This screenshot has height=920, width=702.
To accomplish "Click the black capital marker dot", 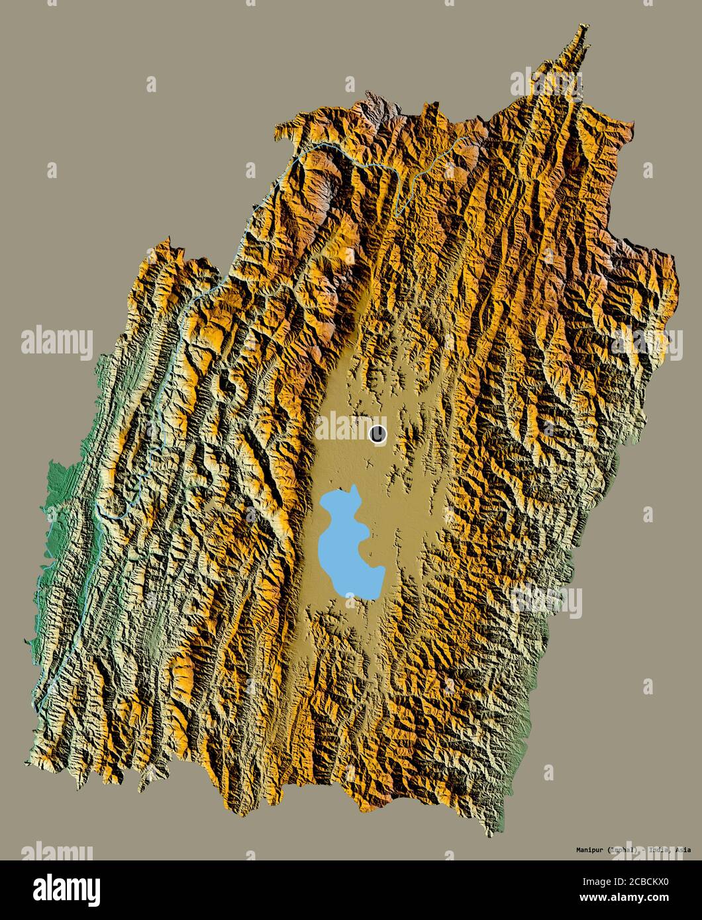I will pos(377,434).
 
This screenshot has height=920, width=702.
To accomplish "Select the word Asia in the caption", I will pos(683,849).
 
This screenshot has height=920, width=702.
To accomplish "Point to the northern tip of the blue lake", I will pos(354,488).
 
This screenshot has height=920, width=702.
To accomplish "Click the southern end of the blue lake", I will pos(369,598).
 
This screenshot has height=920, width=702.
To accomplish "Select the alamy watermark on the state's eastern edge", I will pos(646,343).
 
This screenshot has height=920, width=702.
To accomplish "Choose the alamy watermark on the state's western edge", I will pos(57,343).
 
